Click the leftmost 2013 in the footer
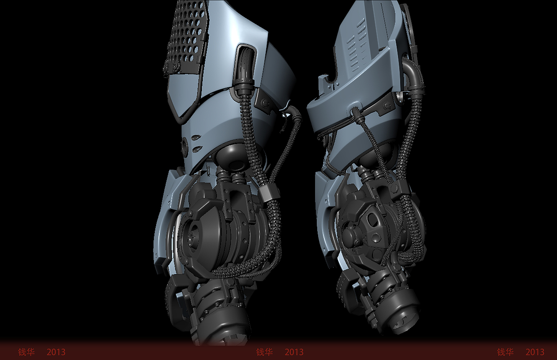pyautogui.click(x=56, y=352)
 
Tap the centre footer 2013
pyautogui.click(x=294, y=352)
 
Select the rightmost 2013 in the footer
pyautogui.click(x=535, y=352)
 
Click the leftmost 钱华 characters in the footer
pyautogui.click(x=26, y=352)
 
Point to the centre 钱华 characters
pyautogui.click(x=264, y=352)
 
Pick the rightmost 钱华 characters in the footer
pyautogui.click(x=505, y=352)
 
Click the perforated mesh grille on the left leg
pyautogui.click(x=186, y=37)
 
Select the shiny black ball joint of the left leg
pyautogui.click(x=230, y=155)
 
